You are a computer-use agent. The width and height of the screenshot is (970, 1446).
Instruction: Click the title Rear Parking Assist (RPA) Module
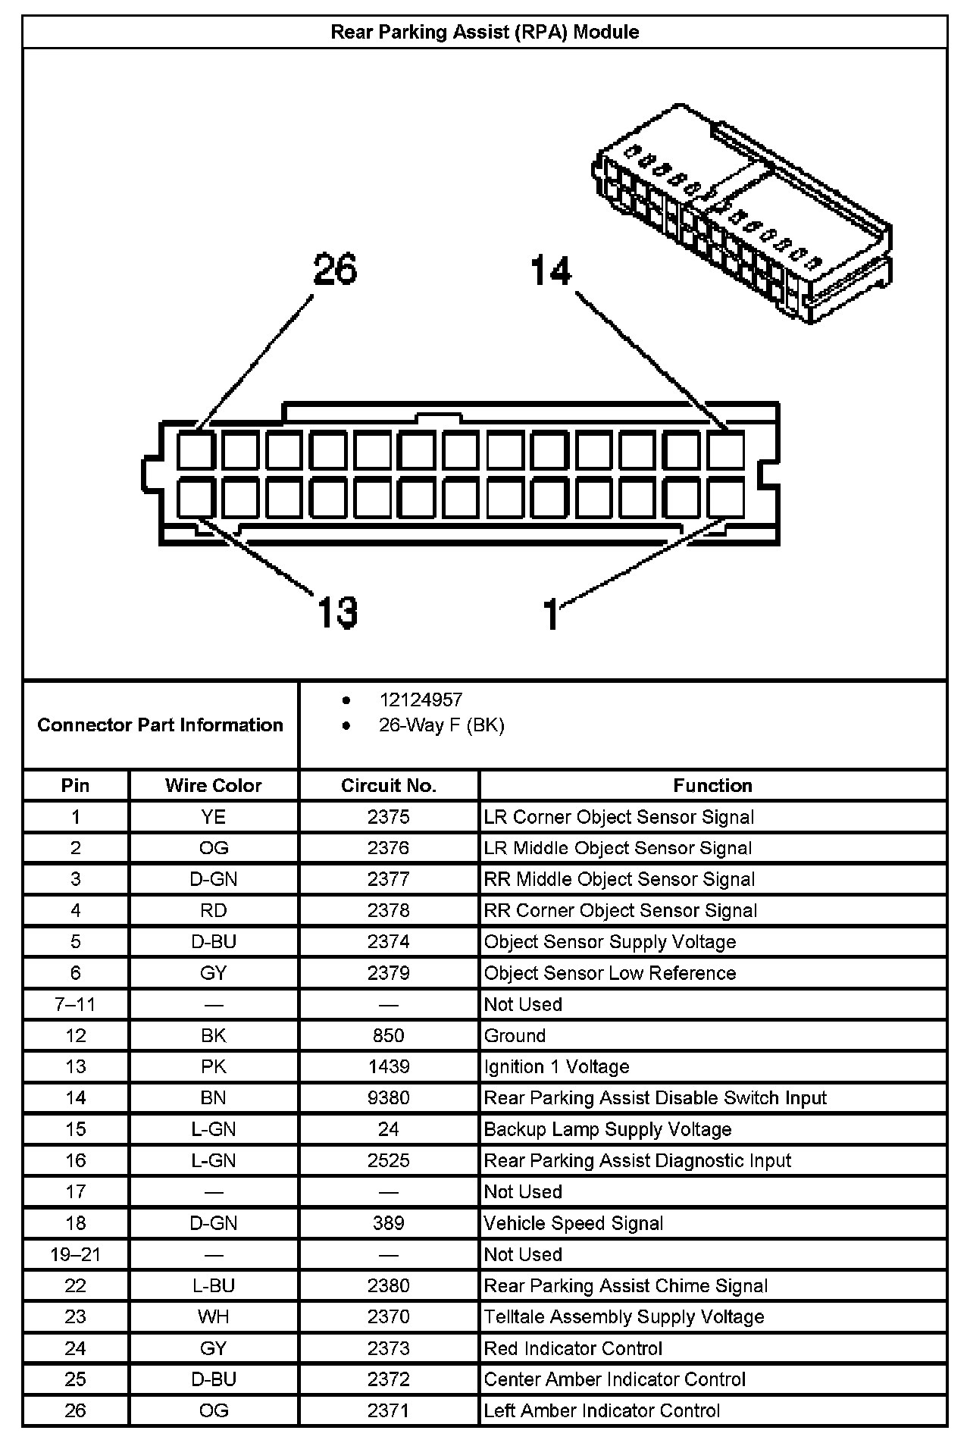pos(484,32)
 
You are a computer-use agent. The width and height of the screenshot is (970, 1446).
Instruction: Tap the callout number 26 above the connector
pos(335,270)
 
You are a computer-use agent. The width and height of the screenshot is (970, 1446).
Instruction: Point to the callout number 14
pos(551,271)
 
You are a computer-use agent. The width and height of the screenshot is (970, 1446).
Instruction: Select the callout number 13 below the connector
pos(336,612)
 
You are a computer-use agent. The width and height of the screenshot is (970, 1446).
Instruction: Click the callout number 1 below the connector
pos(552,614)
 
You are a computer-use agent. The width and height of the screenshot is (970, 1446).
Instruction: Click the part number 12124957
pos(421,700)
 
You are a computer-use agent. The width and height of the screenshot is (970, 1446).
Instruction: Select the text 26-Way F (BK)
pos(441,725)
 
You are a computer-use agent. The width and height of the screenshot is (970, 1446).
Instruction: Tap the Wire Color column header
pos(213,785)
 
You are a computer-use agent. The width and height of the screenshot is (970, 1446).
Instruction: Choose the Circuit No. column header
pos(388,785)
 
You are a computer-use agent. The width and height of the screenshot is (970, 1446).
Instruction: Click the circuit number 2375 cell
pos(388,817)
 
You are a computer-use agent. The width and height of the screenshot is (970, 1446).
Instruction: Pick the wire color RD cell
pos(213,910)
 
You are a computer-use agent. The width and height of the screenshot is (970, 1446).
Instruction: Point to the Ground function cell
pos(515,1035)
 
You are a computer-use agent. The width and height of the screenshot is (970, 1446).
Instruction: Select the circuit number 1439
pos(388,1066)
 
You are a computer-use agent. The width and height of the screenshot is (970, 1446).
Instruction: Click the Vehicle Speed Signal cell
pos(573,1223)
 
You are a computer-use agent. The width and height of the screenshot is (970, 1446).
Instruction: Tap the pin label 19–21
pos(75,1254)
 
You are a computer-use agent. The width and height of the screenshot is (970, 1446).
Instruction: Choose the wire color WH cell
pos(213,1316)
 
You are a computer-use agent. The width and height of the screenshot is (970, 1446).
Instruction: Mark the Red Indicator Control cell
pos(573,1348)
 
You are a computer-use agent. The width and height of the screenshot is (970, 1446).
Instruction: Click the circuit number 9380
pos(388,1097)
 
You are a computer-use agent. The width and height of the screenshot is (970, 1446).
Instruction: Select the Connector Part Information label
pos(160,725)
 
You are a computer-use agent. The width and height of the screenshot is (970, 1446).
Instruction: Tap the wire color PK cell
pos(213,1066)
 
